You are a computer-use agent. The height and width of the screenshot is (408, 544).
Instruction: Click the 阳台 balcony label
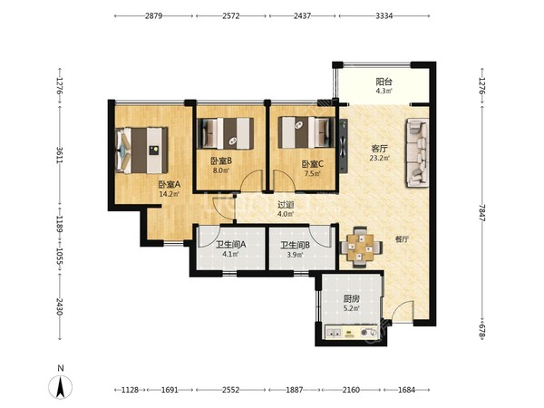(384, 82)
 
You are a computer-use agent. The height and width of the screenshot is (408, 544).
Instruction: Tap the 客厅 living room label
(379, 149)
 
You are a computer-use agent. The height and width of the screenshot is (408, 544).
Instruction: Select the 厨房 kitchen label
(352, 298)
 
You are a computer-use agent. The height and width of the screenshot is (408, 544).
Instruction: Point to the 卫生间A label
(230, 245)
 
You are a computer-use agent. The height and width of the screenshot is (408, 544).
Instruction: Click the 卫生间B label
(296, 246)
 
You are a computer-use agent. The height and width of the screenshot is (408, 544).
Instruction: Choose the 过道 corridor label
(286, 205)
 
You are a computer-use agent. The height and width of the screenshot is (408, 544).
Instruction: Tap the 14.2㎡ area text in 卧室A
(169, 194)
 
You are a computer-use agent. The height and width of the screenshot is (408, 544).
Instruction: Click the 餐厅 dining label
(402, 239)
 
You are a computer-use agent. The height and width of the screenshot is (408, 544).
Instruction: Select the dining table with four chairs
(361, 247)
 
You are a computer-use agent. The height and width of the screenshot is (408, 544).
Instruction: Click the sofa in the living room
(417, 152)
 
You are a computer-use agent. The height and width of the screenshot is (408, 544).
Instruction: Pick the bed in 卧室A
(141, 151)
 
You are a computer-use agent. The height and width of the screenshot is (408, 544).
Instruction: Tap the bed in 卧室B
(225, 133)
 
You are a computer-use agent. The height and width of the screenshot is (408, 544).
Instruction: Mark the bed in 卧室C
(306, 132)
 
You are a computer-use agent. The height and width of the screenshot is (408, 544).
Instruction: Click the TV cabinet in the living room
(343, 146)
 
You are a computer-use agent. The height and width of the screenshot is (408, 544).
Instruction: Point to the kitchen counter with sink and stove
(351, 333)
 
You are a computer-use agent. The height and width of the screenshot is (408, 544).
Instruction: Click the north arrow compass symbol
(61, 386)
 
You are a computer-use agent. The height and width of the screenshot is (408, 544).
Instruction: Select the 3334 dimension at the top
(384, 16)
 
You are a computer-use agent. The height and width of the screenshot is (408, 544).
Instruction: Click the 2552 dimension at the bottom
(230, 390)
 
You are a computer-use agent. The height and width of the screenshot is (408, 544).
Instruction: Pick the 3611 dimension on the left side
(59, 155)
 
